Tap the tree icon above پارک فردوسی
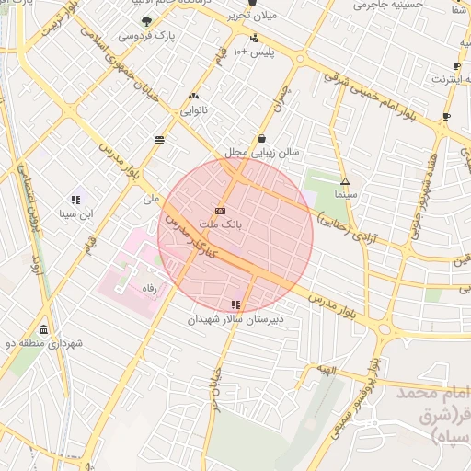click(146, 20)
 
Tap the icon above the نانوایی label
click(193, 96)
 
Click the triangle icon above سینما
click(345, 181)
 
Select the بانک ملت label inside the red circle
click(222, 224)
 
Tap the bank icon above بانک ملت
click(220, 210)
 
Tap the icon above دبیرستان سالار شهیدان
click(236, 304)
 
